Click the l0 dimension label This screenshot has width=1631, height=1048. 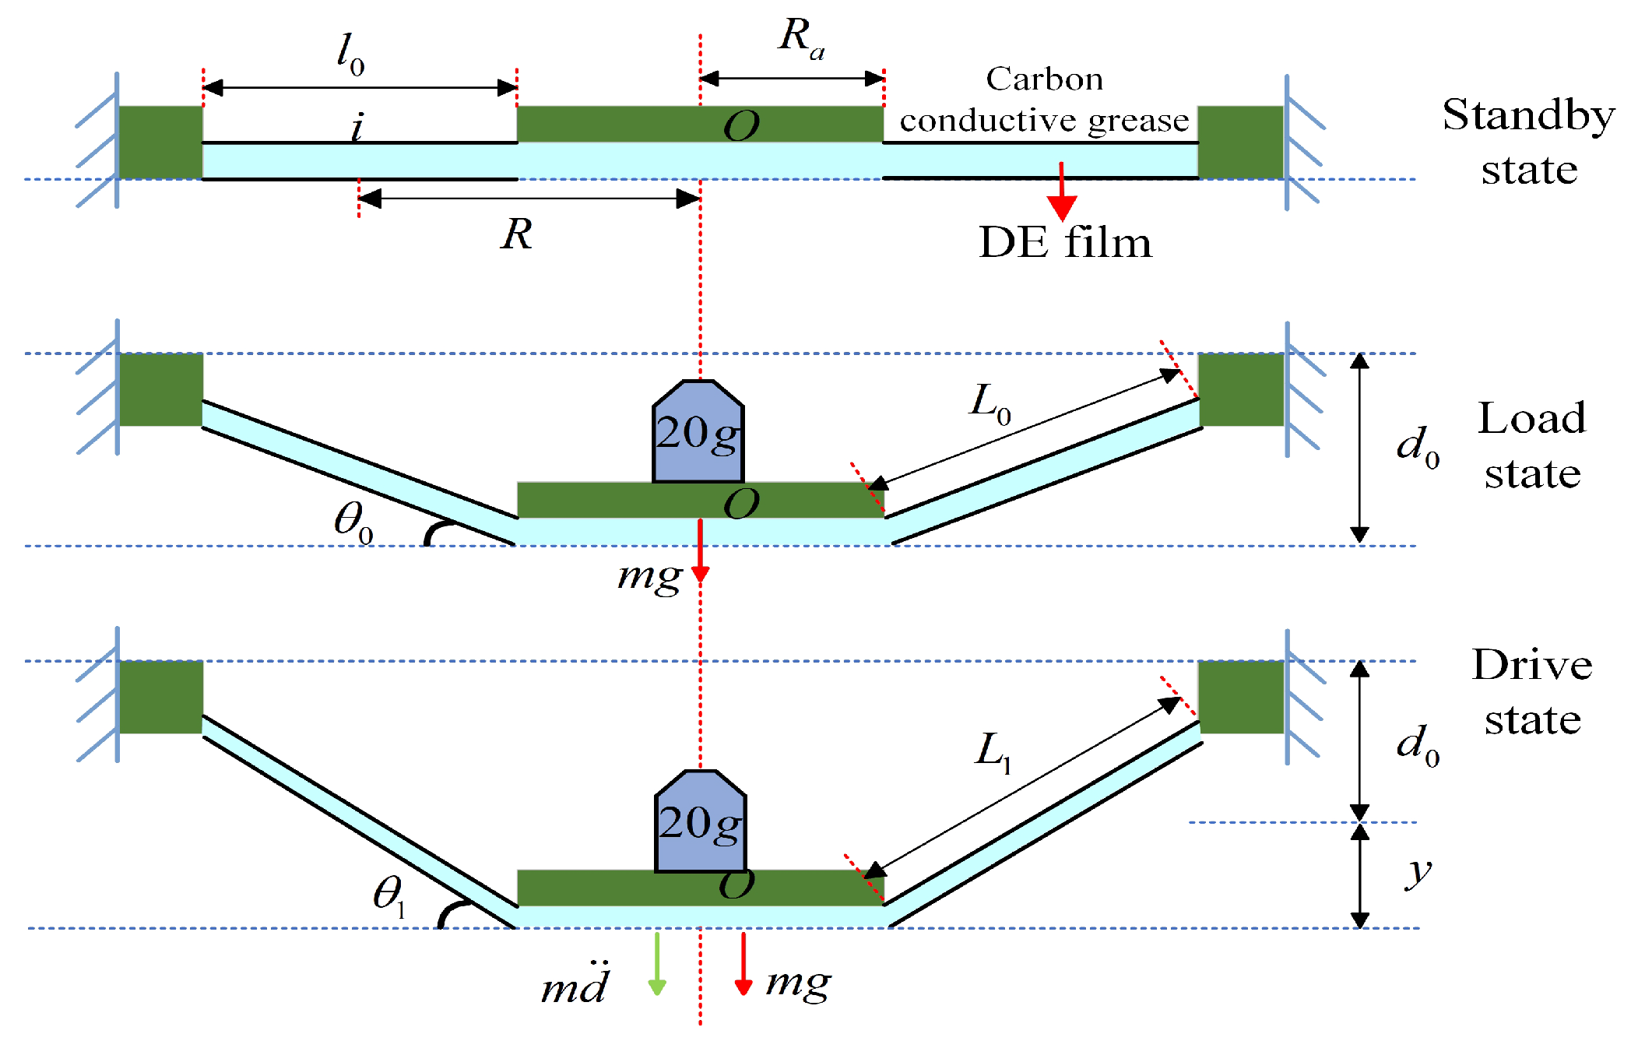click(x=350, y=55)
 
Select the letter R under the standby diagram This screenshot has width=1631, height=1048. click(x=516, y=234)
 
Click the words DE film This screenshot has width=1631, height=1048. click(x=1065, y=242)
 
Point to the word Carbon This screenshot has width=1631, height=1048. click(x=1045, y=79)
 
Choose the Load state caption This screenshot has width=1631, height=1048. click(x=1532, y=445)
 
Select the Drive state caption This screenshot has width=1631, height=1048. click(x=1532, y=691)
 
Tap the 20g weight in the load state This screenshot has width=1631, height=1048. click(x=698, y=431)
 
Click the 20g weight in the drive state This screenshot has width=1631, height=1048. click(x=701, y=821)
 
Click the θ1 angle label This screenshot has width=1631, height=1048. click(x=389, y=895)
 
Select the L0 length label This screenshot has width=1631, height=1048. click(x=990, y=403)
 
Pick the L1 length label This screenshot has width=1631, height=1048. click(x=993, y=752)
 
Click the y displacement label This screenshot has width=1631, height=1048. click(x=1419, y=873)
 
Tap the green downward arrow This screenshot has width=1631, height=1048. click(x=657, y=964)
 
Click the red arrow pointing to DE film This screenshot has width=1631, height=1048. click(x=1062, y=192)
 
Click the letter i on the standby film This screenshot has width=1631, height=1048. click(x=357, y=127)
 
